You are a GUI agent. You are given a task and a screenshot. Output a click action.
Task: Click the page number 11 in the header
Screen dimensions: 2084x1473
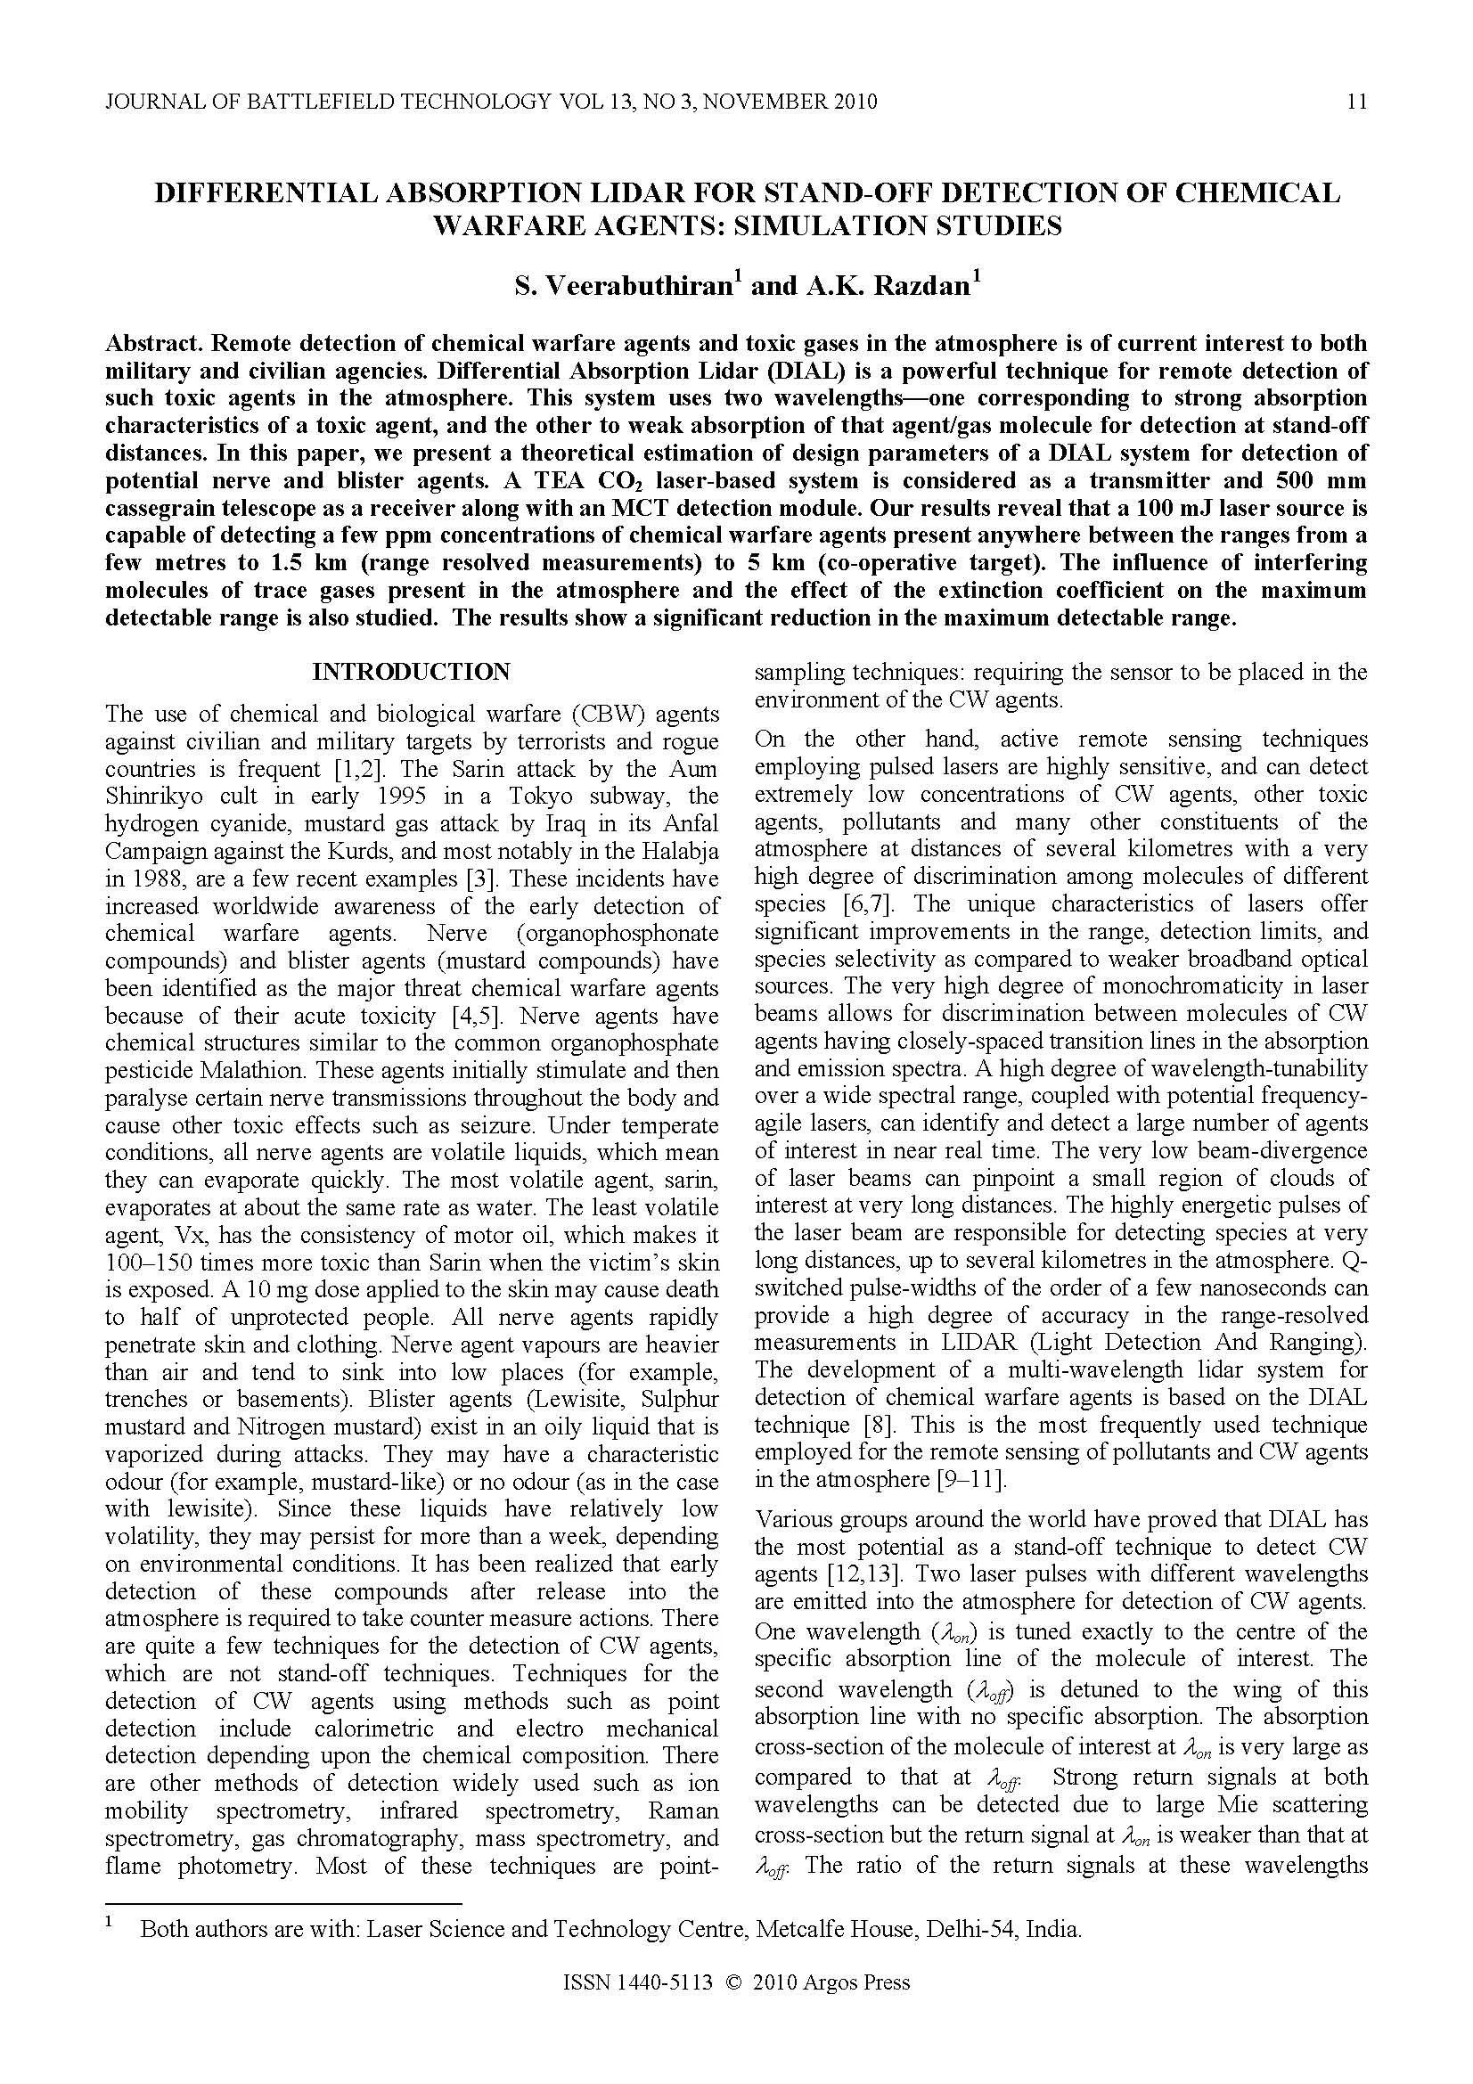click(1356, 102)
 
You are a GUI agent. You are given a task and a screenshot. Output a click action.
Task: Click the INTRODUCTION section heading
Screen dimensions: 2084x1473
click(411, 672)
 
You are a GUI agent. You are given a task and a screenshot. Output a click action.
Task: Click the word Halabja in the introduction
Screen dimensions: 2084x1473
click(675, 852)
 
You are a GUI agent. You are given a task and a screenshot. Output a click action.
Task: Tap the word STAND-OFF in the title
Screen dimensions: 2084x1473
click(863, 193)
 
